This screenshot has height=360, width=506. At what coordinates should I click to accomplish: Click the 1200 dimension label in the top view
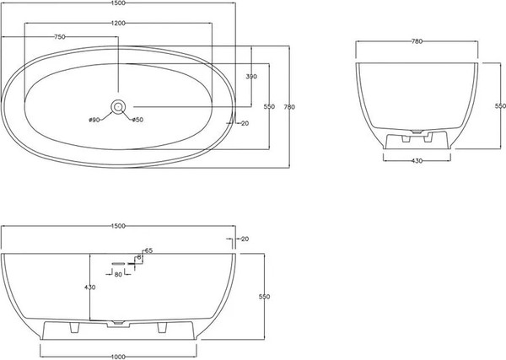[118, 23]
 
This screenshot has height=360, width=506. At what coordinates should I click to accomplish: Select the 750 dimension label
[60, 37]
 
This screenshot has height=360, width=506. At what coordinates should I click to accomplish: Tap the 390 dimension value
[251, 77]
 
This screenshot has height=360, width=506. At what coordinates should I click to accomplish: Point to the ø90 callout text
[94, 120]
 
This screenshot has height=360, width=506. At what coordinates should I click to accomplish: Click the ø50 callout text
[137, 120]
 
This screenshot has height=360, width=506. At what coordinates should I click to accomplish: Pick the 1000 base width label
[118, 357]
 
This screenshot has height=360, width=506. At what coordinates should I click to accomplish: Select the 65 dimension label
[148, 250]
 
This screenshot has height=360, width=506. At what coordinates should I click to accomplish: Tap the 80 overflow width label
[118, 274]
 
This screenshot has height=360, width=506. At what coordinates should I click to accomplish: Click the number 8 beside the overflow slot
[139, 257]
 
